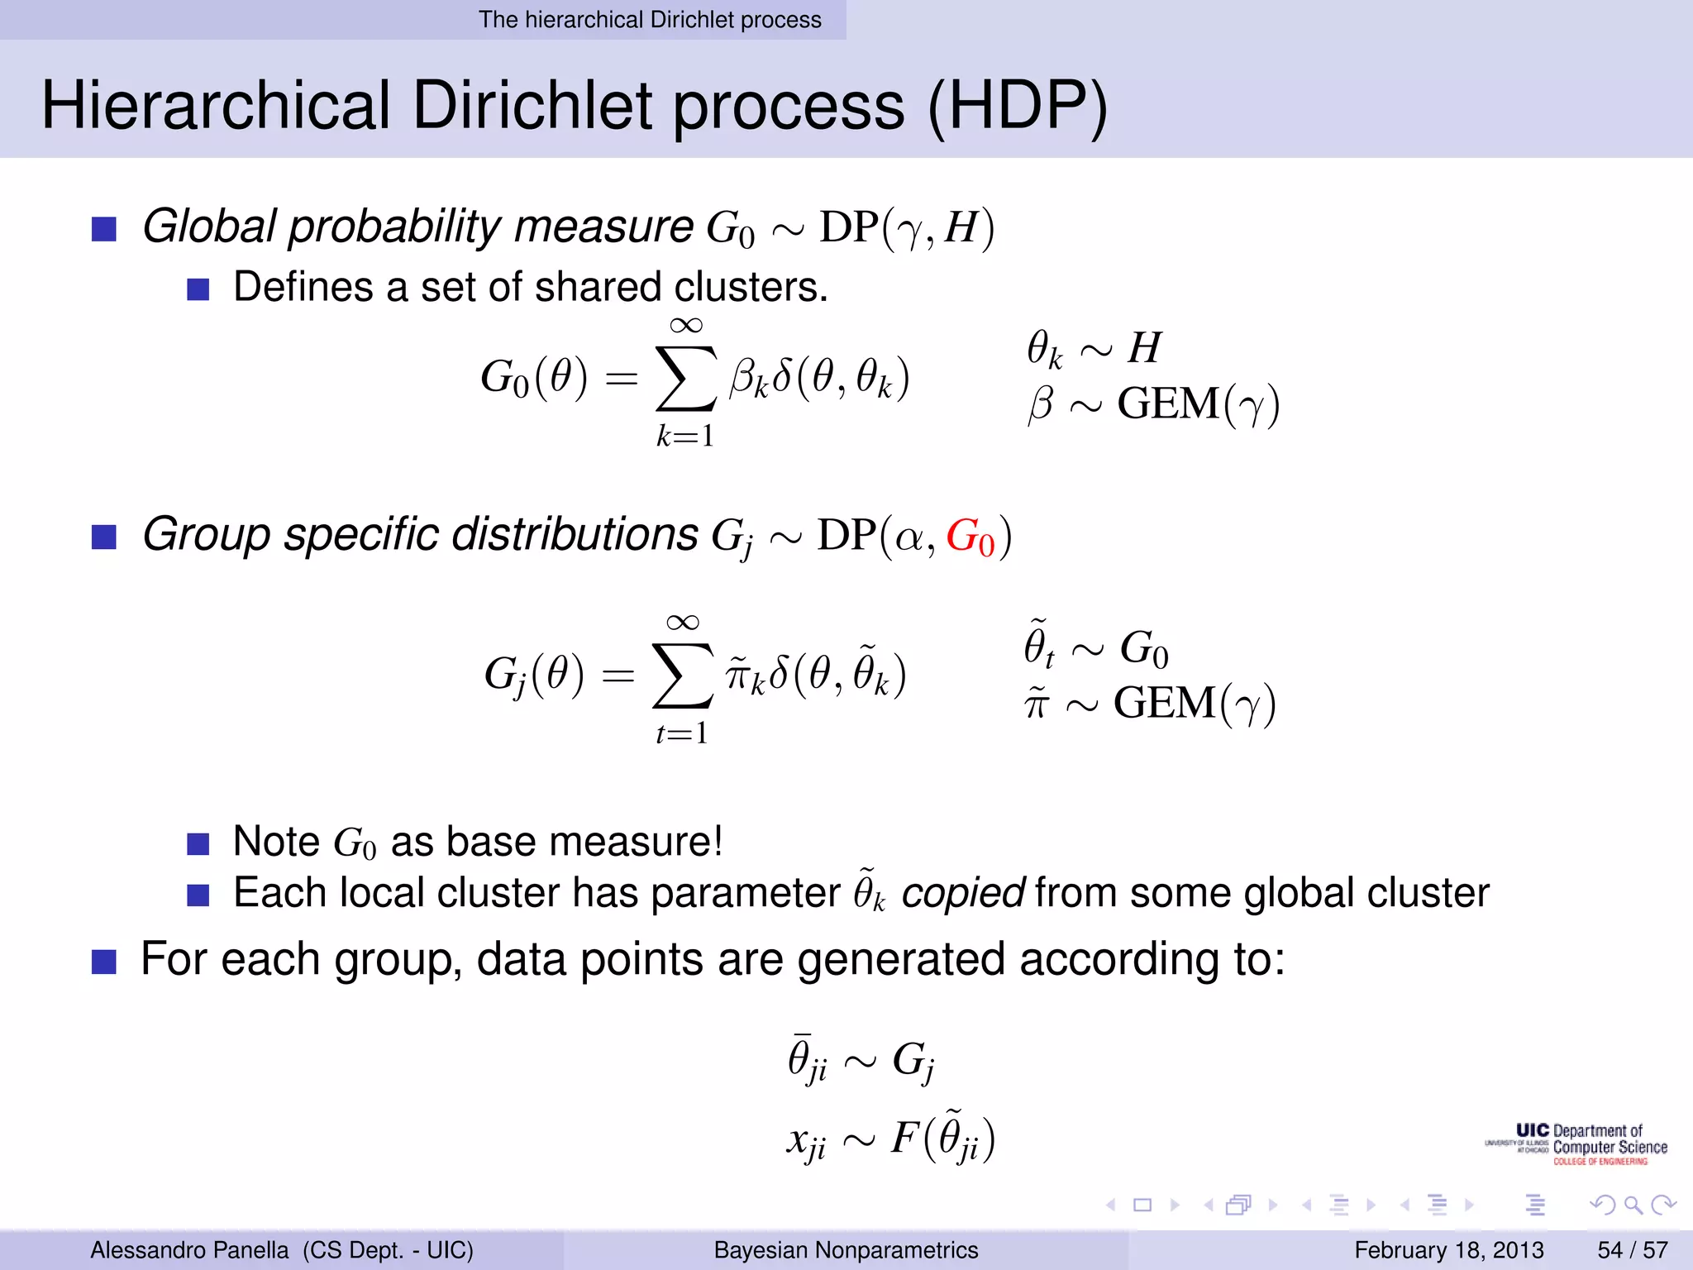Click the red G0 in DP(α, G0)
[x=970, y=537]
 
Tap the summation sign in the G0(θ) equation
[x=685, y=378]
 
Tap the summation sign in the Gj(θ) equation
[x=682, y=676]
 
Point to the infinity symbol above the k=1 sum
[x=686, y=325]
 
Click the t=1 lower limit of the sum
[x=682, y=733]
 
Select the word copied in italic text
[x=963, y=893]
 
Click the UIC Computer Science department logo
[x=1577, y=1144]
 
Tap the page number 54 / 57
[x=1633, y=1249]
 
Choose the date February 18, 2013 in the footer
[x=1449, y=1249]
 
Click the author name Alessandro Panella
[x=189, y=1249]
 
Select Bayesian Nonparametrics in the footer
[x=846, y=1249]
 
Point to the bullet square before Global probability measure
[x=103, y=229]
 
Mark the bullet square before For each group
[x=103, y=962]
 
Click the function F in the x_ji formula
[x=904, y=1138]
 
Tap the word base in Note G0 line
[x=490, y=842]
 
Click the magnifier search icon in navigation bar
[x=1633, y=1205]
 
